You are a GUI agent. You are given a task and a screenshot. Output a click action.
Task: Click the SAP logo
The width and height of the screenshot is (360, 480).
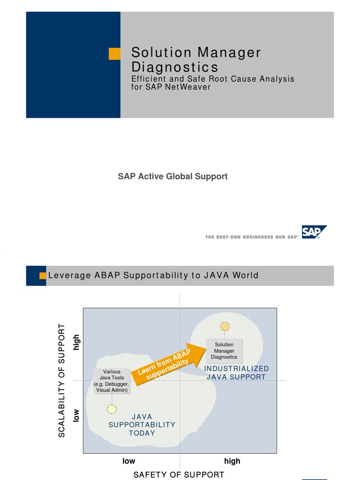click(x=314, y=232)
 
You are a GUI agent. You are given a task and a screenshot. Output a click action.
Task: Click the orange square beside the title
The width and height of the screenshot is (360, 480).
click(x=114, y=53)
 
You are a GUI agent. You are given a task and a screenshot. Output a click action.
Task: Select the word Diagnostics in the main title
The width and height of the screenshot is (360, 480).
click(x=174, y=67)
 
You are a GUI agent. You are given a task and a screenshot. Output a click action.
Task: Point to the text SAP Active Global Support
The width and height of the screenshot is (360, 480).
click(x=172, y=176)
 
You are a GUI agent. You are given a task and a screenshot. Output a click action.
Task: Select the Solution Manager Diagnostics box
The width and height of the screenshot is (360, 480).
click(x=224, y=351)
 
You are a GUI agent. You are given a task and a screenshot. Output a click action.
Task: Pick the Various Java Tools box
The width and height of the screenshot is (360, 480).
click(x=112, y=381)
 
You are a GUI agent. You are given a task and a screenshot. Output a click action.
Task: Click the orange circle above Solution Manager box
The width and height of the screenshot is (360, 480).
click(x=225, y=326)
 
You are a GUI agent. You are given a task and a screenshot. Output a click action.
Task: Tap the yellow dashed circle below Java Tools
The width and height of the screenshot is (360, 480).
click(x=112, y=409)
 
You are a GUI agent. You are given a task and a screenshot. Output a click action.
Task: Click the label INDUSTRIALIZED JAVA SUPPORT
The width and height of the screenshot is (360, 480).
click(x=237, y=373)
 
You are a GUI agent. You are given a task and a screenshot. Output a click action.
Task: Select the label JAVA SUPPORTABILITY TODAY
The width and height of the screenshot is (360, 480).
click(x=142, y=425)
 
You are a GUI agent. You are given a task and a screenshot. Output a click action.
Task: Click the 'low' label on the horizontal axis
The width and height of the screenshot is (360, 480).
click(x=129, y=461)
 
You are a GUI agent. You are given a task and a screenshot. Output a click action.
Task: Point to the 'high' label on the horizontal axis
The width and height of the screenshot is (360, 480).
click(x=232, y=461)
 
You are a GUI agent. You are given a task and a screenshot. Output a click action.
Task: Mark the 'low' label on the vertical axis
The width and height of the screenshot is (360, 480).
click(x=76, y=415)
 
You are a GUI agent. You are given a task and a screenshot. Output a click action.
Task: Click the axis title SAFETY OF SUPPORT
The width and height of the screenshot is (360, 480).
click(x=179, y=474)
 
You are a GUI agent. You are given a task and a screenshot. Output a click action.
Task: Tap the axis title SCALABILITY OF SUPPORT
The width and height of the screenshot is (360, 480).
click(x=62, y=380)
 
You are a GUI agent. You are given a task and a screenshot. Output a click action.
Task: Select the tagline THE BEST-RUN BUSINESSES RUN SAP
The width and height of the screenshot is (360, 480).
click(x=252, y=237)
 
